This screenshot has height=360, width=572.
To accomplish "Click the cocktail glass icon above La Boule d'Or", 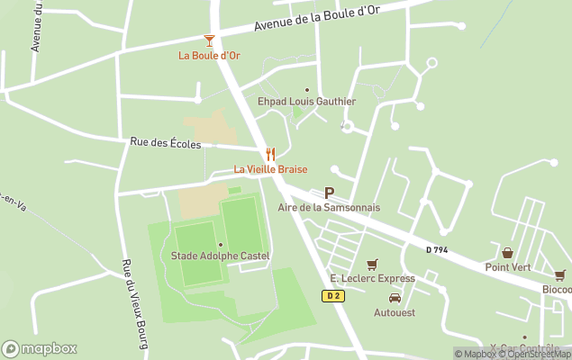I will pyautogui.click(x=209, y=40).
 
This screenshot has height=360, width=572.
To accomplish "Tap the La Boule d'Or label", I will pyautogui.click(x=209, y=56).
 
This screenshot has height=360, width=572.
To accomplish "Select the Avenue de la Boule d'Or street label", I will pyautogui.click(x=318, y=18).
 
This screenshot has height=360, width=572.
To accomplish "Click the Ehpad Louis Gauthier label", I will pyautogui.click(x=306, y=102).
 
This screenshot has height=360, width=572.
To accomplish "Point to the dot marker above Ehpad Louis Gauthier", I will pyautogui.click(x=306, y=89).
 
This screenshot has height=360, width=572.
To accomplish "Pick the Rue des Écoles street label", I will pyautogui.click(x=166, y=142).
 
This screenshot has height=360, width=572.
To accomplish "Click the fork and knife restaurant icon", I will pyautogui.click(x=270, y=154).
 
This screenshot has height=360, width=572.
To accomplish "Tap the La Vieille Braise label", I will pyautogui.click(x=270, y=169).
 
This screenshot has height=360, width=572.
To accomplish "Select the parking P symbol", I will pyautogui.click(x=329, y=193).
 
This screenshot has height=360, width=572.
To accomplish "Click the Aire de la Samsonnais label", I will pyautogui.click(x=329, y=207).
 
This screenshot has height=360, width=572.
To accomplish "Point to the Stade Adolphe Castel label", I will pyautogui.click(x=220, y=256).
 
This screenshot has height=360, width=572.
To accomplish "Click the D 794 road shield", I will pyautogui.click(x=438, y=250).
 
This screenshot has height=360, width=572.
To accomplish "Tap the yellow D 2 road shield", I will pyautogui.click(x=332, y=295).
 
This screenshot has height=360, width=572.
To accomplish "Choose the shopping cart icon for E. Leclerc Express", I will pyautogui.click(x=372, y=264).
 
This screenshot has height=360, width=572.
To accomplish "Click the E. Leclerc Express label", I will pyautogui.click(x=372, y=278).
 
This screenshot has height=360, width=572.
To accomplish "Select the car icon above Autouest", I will pyautogui.click(x=395, y=298).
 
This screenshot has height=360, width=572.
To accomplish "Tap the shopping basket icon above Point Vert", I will pyautogui.click(x=507, y=253).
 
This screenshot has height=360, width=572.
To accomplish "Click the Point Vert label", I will pyautogui.click(x=507, y=267).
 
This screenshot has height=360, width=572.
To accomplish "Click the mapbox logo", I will pyautogui.click(x=40, y=348).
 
